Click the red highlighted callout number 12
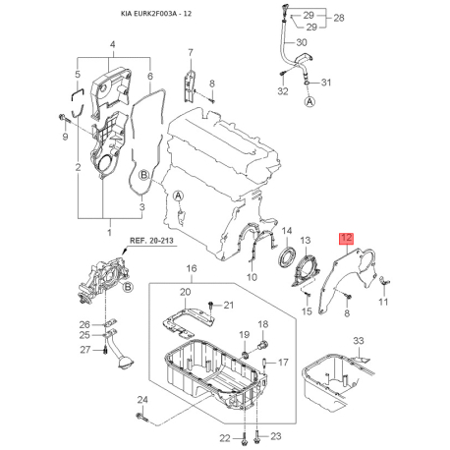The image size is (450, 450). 344,238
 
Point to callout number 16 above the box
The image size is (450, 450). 191,268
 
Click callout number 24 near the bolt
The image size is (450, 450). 141,400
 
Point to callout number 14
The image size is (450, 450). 287,232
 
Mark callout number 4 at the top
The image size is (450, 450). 112,45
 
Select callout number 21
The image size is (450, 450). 230,306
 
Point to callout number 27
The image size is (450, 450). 84,350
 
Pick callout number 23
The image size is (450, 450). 275,435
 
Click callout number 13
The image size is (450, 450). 307,239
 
